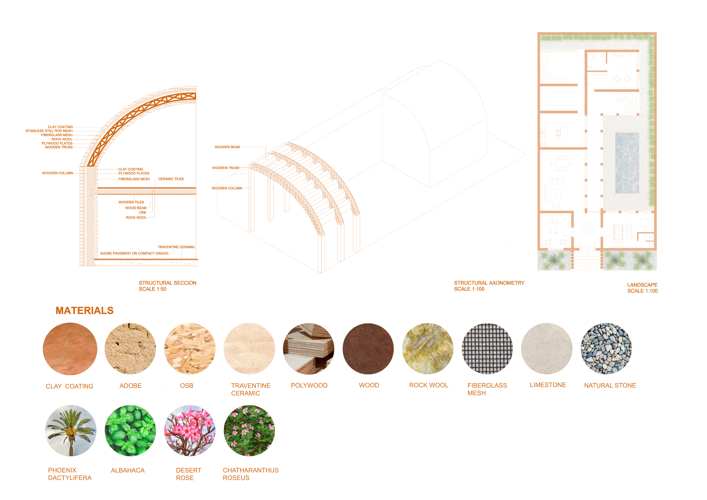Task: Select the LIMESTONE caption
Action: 548,385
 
